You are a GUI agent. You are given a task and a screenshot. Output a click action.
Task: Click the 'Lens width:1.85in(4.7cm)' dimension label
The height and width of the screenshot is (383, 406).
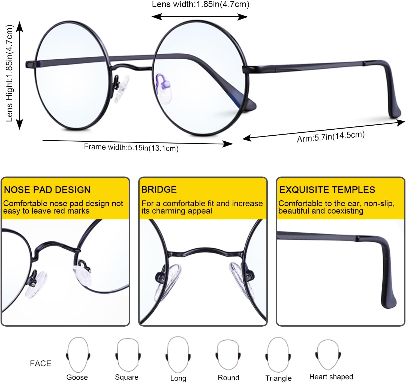coord(200,4)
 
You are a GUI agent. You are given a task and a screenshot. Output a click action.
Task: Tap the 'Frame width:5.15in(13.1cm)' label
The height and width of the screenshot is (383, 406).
coord(131,147)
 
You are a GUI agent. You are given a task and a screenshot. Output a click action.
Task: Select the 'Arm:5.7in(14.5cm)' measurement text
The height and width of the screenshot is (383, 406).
coord(330,136)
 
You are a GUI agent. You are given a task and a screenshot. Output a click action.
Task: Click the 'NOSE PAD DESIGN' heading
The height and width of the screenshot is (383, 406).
coord(47,190)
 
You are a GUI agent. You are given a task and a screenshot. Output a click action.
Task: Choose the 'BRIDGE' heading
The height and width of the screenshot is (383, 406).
coord(159,189)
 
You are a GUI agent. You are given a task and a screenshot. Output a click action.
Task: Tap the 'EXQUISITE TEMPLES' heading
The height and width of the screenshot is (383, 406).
coord(327,190)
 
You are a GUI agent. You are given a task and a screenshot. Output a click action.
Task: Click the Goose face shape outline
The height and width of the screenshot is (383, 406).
coord(78,354)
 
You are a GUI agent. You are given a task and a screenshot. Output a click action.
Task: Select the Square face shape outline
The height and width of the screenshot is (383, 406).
coord(128,354)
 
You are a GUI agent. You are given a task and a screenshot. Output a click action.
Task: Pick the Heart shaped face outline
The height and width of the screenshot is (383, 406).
coord(328,354)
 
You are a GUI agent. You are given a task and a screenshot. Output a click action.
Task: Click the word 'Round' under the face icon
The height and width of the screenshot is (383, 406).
coord(228,378)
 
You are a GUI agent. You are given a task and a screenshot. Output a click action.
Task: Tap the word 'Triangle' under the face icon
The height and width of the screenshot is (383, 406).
coord(278,378)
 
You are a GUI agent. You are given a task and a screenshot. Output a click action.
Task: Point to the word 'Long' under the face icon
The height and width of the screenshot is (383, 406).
coord(178,378)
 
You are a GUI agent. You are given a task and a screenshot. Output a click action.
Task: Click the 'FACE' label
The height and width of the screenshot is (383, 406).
coord(41,363)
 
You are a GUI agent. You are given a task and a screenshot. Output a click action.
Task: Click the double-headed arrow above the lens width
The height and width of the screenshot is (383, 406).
coord(200,17)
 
